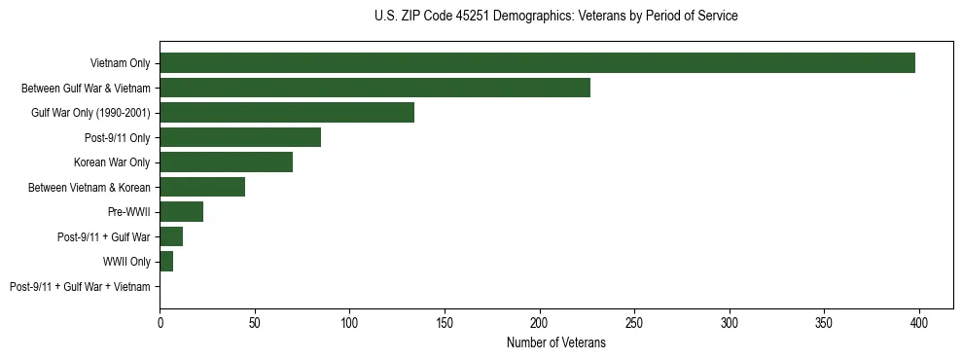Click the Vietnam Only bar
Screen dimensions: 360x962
(537, 63)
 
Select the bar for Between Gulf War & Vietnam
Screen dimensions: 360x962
(374, 88)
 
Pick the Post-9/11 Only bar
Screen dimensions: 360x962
(240, 137)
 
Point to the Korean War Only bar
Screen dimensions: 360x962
(226, 162)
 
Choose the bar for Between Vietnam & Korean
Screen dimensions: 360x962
(202, 187)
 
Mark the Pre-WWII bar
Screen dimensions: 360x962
(181, 212)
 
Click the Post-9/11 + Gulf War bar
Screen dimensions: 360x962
(171, 236)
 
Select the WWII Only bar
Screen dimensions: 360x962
(166, 262)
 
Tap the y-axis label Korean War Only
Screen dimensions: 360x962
(112, 162)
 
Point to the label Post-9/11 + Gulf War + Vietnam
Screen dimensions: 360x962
(80, 287)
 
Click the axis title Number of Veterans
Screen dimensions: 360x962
(556, 342)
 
